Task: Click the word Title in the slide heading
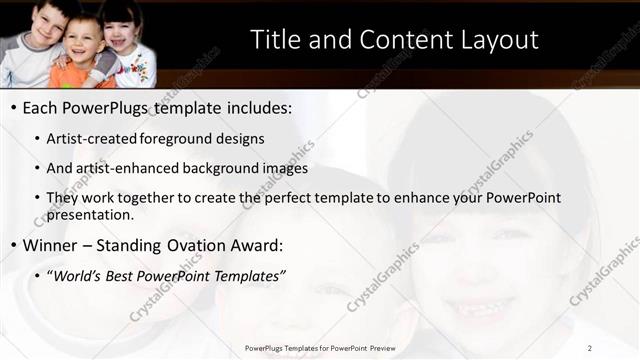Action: point(272,40)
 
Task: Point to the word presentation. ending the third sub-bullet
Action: point(89,214)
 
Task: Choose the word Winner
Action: point(51,245)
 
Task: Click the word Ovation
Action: point(201,245)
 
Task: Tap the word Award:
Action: point(258,245)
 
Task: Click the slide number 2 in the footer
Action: point(590,347)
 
